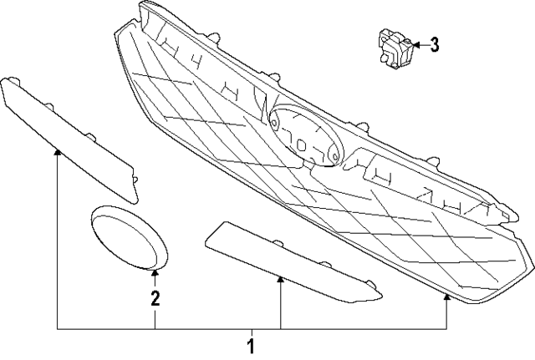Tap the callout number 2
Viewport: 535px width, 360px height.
[x=155, y=297]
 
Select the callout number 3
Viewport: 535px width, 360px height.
[x=434, y=45]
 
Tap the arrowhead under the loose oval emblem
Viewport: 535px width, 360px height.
[x=155, y=272]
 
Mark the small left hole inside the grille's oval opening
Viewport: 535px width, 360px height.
[x=289, y=134]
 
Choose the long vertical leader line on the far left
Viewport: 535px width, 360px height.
[x=58, y=242]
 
